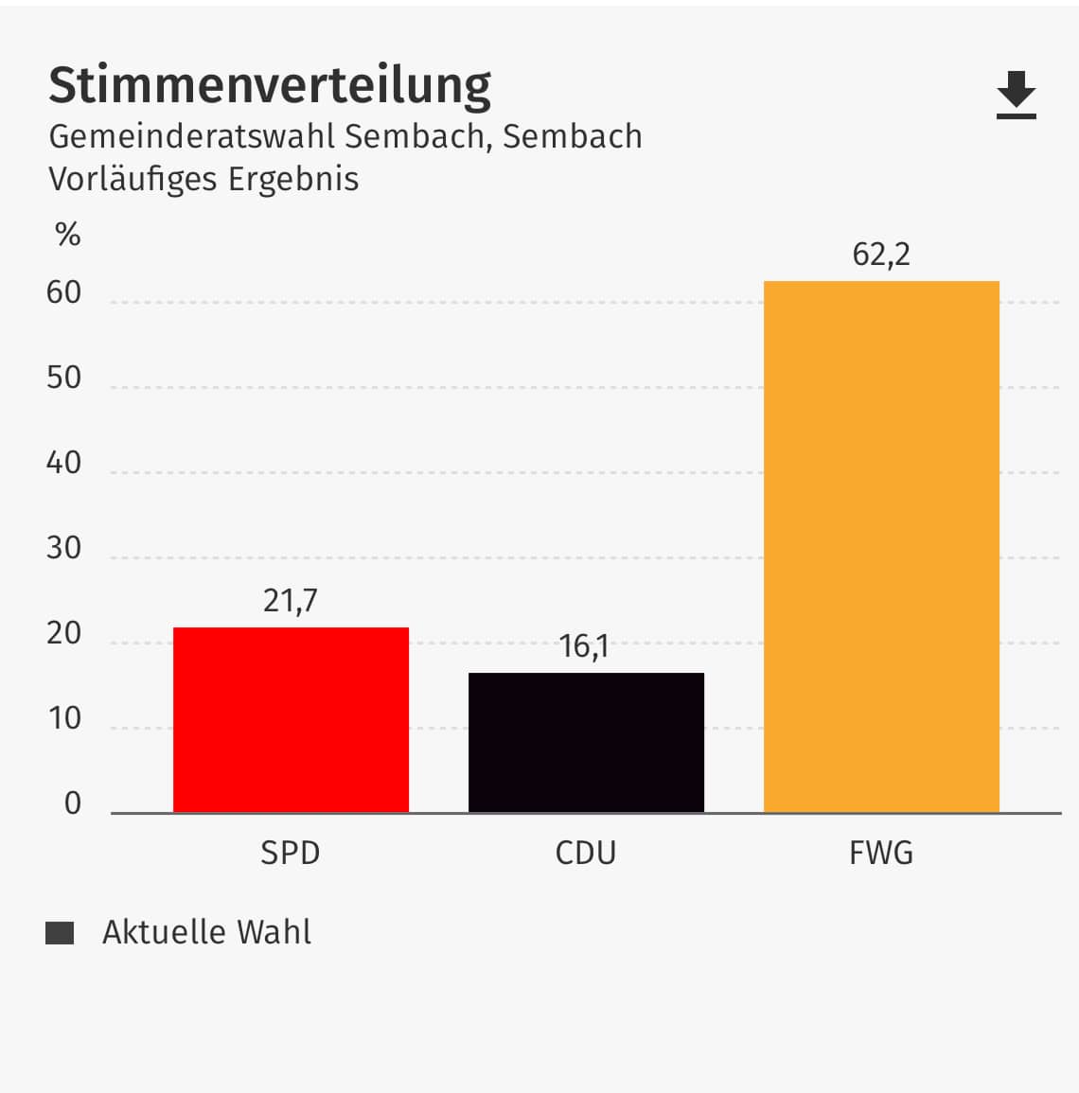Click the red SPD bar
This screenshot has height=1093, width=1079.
(x=291, y=719)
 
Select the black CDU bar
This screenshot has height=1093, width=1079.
(x=586, y=742)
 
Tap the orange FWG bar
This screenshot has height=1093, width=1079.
(x=881, y=546)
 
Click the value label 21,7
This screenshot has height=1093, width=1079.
(x=291, y=601)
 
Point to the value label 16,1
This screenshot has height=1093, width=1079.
(x=584, y=646)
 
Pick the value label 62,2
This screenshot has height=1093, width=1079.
(x=881, y=255)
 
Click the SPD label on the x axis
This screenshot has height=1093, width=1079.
(x=291, y=853)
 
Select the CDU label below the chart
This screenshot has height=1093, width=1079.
(x=586, y=853)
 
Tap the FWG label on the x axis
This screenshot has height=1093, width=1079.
(x=881, y=853)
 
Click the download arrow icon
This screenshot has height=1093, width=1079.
(x=1017, y=95)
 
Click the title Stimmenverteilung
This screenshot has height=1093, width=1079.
(x=270, y=85)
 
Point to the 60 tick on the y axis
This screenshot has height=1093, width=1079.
(x=64, y=293)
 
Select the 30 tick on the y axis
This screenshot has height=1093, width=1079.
(x=64, y=549)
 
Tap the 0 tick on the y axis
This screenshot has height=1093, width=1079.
(x=73, y=804)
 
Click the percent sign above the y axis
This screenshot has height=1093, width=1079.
(x=68, y=235)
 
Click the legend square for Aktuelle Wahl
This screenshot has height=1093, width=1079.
(x=60, y=933)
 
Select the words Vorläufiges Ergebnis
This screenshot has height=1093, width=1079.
(x=203, y=179)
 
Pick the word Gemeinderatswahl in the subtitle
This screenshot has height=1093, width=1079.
(x=192, y=136)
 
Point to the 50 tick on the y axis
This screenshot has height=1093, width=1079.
(x=64, y=379)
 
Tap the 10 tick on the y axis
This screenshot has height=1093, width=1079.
(x=64, y=719)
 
